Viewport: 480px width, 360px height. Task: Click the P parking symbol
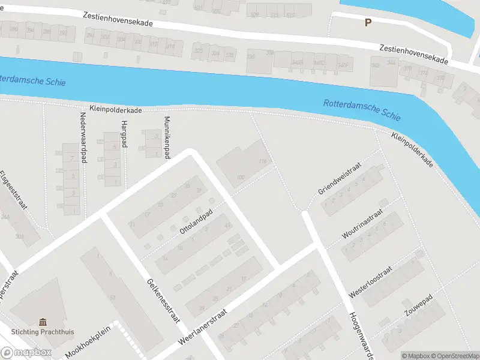(368, 22)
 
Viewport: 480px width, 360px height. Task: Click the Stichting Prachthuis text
(42, 332)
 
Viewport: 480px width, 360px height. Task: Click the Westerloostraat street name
(370, 283)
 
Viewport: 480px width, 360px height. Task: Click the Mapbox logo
(25, 353)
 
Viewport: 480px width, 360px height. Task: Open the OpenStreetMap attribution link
(454, 355)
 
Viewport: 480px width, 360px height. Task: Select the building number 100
(241, 177)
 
